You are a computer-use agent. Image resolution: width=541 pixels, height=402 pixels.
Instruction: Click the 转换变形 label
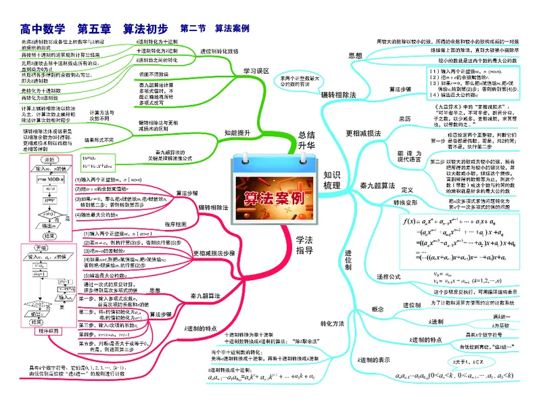point(405,203)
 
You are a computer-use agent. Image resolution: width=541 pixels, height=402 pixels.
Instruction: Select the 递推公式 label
point(390,277)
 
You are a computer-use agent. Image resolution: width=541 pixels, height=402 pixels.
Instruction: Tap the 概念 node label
point(378,309)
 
